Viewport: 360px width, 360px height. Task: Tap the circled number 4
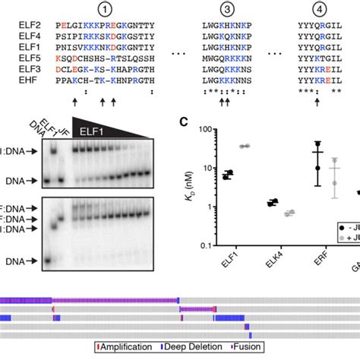click(317, 10)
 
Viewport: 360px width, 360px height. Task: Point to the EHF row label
click(27, 78)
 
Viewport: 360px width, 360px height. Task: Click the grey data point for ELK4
click(288, 213)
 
